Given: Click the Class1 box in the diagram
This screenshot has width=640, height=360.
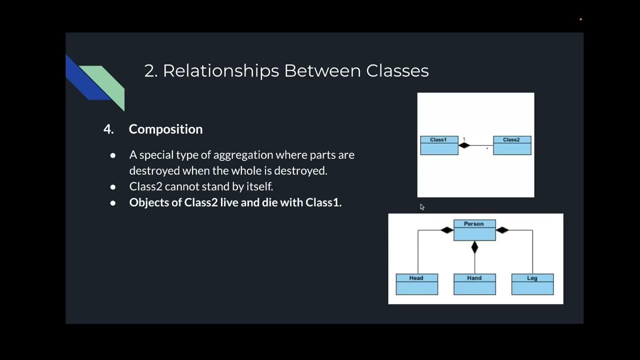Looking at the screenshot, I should click(439, 145).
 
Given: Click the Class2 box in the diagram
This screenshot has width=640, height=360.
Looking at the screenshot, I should click(512, 145).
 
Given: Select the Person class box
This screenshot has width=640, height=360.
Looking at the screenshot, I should click(474, 230).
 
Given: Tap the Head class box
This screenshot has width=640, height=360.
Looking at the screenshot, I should click(416, 284).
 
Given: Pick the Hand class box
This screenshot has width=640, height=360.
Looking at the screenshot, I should click(474, 284).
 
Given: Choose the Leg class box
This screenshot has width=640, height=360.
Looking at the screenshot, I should click(532, 284).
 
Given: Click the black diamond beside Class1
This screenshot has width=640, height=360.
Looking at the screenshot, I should click(464, 145).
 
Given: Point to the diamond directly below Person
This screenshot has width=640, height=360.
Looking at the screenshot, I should click(474, 247).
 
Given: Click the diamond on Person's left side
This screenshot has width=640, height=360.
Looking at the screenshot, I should click(447, 230).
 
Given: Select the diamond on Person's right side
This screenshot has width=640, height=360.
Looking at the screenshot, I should click(502, 230).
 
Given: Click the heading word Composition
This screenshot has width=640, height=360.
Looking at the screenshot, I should click(165, 129).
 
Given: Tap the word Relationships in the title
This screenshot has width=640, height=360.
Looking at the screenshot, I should click(221, 70).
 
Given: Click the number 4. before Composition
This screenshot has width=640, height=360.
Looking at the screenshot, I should click(108, 129).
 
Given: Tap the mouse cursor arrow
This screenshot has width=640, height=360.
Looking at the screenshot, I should click(422, 206).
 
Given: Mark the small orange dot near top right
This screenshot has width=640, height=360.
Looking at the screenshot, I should click(580, 19).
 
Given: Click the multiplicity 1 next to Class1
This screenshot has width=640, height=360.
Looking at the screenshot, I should click(464, 139).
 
